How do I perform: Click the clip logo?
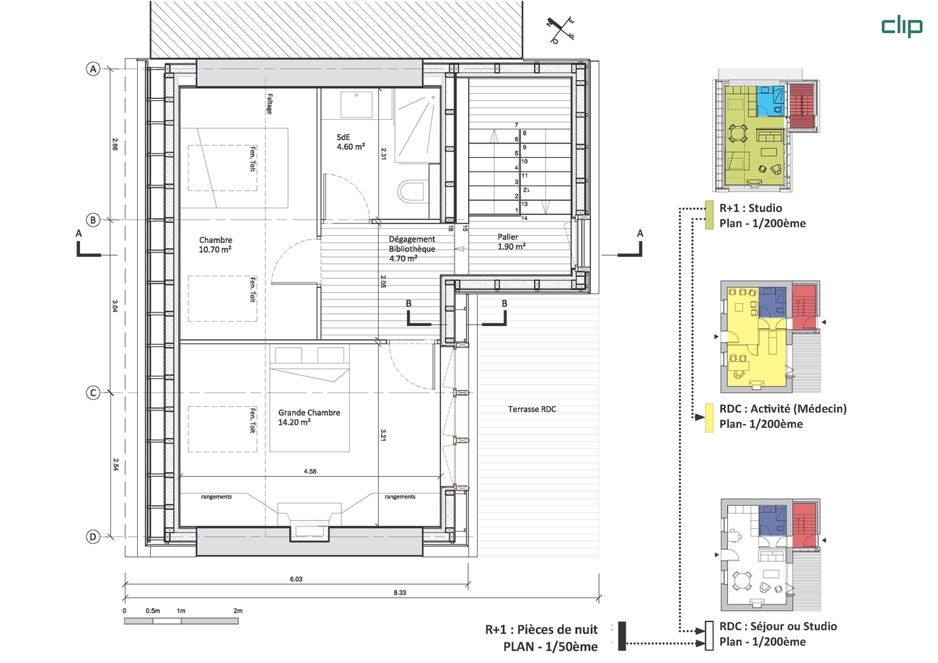coord(902,27)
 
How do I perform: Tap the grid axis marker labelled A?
coord(93,69)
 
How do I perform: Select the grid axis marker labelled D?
coord(93,537)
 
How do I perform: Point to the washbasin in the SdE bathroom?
coord(356,105)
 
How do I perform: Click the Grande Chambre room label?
coord(309,417)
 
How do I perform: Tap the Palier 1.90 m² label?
coord(512,242)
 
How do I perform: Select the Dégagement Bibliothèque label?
coord(412,249)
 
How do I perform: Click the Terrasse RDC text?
coord(532,409)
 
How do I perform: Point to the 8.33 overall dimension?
coord(400,593)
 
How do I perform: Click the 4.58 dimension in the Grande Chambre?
coord(310,471)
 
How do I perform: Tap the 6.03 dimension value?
coord(296,579)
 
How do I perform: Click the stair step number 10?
coord(525,162)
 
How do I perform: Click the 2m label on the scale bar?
coord(238,610)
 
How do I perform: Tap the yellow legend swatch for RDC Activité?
coord(709,418)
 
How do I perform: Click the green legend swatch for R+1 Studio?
coord(709,215)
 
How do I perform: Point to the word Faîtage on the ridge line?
coord(269,104)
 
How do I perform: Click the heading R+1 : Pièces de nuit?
coord(541,630)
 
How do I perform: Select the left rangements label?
coord(216,497)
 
